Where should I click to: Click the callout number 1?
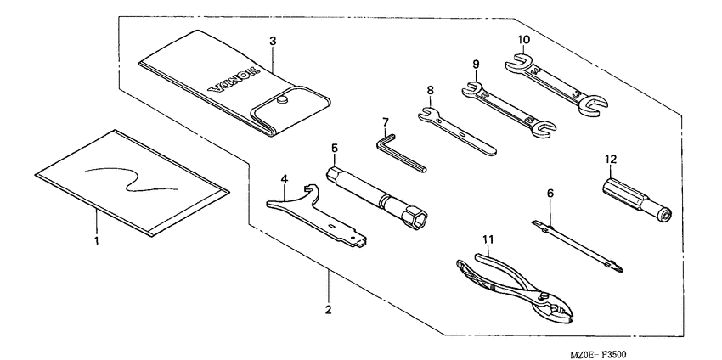coord(97,242)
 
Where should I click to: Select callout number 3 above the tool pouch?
coord(272,40)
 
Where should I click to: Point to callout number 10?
coord(523,39)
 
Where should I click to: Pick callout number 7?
coord(385,121)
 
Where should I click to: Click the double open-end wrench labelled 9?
coord(502,107)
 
